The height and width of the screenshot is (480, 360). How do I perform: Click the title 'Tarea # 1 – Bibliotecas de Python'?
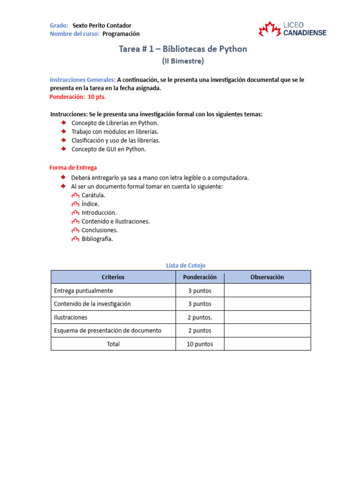pyautogui.click(x=183, y=49)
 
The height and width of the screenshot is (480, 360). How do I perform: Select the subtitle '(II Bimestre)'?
pyautogui.click(x=183, y=61)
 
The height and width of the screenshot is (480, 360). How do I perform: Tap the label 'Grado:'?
pyautogui.click(x=59, y=25)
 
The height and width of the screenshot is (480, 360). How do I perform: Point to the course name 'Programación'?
pyautogui.click(x=121, y=34)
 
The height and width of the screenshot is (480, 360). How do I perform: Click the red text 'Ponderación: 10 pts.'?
pyautogui.click(x=78, y=97)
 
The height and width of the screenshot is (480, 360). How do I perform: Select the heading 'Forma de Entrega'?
pyautogui.click(x=73, y=167)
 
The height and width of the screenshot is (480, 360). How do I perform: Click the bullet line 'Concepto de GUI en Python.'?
pyautogui.click(x=109, y=149)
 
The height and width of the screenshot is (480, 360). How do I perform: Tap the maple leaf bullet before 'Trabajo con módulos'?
pyautogui.click(x=63, y=131)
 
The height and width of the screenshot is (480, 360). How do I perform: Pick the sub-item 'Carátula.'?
pyautogui.click(x=93, y=195)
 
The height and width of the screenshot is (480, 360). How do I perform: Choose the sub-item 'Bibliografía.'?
pyautogui.click(x=97, y=239)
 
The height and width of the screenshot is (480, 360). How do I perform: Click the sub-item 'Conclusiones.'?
pyautogui.click(x=99, y=230)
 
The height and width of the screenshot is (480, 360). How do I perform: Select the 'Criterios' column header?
pyautogui.click(x=113, y=277)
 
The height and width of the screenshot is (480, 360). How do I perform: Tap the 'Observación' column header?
pyautogui.click(x=267, y=277)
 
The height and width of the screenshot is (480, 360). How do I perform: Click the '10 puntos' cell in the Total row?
pyautogui.click(x=200, y=344)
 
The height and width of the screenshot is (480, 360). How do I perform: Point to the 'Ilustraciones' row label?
pyautogui.click(x=71, y=317)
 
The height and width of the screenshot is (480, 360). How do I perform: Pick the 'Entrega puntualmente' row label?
pyautogui.click(x=83, y=291)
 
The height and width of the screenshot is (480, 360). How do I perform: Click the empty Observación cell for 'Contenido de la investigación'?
pyautogui.click(x=267, y=304)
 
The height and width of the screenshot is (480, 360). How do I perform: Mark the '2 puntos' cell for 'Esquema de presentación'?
pyautogui.click(x=200, y=330)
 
